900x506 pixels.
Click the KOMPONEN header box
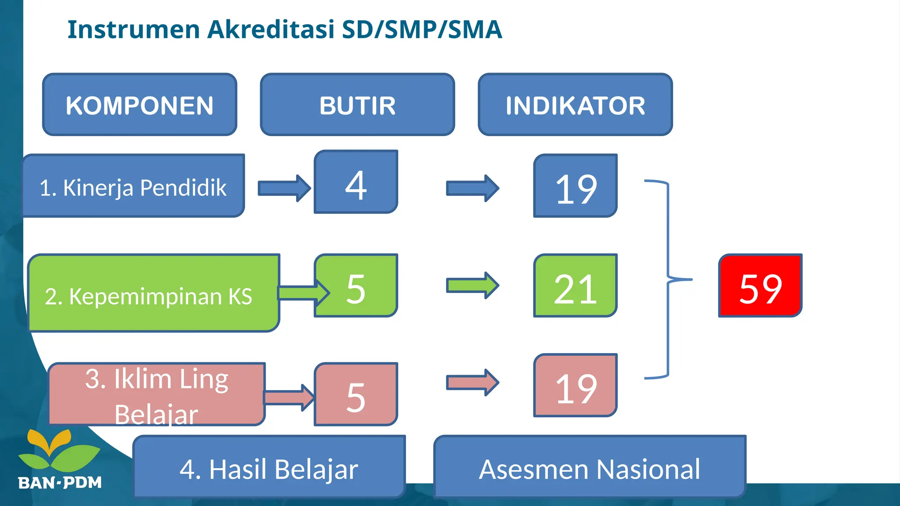(140, 105)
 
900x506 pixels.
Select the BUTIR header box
(357, 105)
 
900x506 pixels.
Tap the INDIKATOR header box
(575, 105)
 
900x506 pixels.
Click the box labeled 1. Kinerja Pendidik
(133, 186)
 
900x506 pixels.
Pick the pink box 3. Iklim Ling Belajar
(156, 394)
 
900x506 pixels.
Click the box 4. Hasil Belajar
(269, 467)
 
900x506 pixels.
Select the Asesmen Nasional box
(589, 467)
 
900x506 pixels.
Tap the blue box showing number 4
(356, 182)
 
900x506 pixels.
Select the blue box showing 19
(576, 186)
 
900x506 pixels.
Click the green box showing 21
(576, 286)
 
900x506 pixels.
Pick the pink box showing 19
(576, 386)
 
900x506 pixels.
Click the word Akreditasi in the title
(271, 29)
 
